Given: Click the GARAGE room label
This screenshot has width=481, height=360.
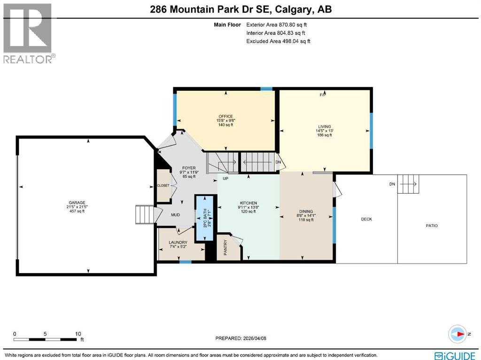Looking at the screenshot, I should [x=77, y=203].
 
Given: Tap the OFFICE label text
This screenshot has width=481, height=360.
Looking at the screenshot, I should [x=225, y=117].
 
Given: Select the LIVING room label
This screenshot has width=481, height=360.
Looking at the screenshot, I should [x=324, y=126].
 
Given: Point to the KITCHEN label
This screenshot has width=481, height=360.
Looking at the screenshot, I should [x=248, y=203].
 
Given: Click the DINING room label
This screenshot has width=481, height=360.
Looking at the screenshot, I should [x=306, y=211].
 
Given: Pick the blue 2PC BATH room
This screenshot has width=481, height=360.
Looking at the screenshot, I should [x=204, y=219].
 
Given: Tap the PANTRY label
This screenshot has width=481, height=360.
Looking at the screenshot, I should [x=225, y=247].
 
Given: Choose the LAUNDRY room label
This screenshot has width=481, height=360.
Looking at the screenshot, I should [x=178, y=243].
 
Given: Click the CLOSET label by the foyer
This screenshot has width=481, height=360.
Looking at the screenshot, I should [x=163, y=186].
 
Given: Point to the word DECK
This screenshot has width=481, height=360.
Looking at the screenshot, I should [x=366, y=219].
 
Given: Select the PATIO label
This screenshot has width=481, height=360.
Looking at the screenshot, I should [x=432, y=226].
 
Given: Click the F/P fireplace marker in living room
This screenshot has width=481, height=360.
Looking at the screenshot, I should [x=323, y=95].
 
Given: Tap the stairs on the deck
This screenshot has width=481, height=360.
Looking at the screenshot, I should [x=408, y=184].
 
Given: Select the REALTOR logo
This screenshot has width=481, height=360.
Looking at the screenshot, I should [x=28, y=33].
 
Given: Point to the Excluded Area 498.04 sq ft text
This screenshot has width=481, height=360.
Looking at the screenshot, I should [x=278, y=41].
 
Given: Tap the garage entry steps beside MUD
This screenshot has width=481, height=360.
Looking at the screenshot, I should [x=144, y=215].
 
